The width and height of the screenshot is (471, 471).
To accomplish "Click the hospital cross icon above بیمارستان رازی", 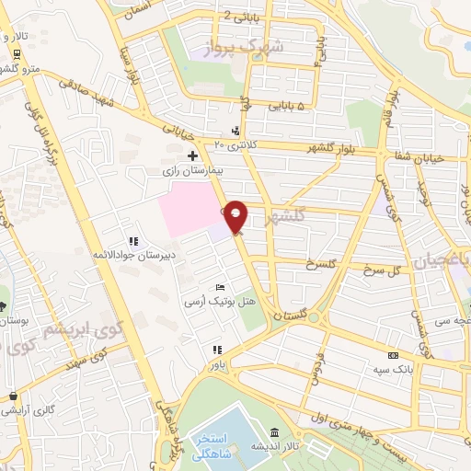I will point(191,155).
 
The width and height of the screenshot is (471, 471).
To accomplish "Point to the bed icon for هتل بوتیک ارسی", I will point(219,288).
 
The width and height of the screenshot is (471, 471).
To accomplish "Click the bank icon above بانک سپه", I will point(393,355).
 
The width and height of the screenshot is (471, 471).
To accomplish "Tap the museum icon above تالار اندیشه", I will point(274,433).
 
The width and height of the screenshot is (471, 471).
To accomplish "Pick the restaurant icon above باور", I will point(217,350).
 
